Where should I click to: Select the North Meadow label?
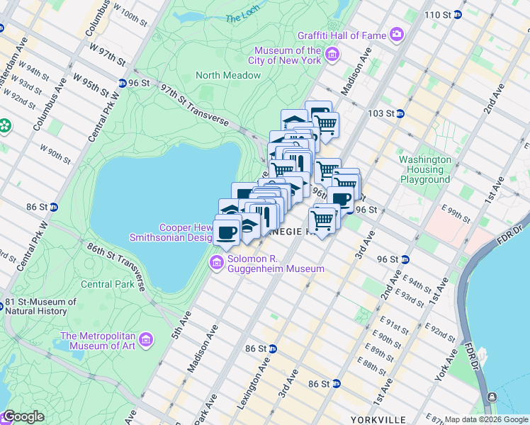pos(225,75)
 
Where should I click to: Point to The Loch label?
pos(243,19)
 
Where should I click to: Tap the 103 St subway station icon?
pos(400,113)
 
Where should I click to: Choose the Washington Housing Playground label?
pos(424,169)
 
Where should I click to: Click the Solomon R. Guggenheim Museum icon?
pos(216,263)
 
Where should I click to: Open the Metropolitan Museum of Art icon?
pos(146,341)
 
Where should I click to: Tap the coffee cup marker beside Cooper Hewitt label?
pos(227,232)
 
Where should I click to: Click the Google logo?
pos(23,416)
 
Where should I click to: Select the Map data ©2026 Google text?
pos(485,419)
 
